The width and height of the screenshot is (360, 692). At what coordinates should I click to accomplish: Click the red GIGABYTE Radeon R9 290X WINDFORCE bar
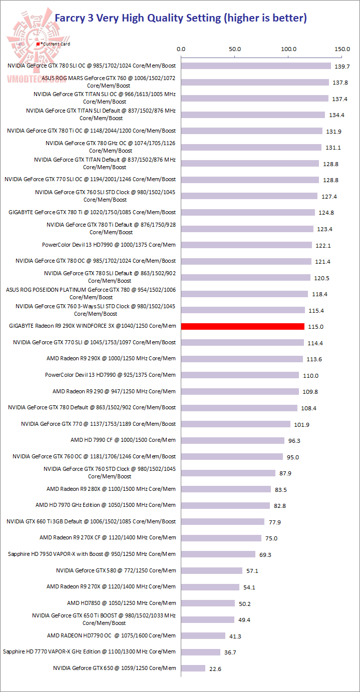click(x=243, y=326)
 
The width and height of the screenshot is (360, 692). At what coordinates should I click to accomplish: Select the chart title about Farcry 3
click(x=180, y=19)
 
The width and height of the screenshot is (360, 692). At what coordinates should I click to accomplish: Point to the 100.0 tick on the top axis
click(x=289, y=49)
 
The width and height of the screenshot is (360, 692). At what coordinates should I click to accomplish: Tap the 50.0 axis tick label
click(x=235, y=49)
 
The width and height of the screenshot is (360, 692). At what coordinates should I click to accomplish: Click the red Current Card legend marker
click(x=38, y=44)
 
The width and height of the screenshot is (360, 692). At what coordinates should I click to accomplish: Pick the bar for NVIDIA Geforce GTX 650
click(x=193, y=668)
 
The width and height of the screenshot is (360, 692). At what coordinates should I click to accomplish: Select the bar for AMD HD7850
click(x=208, y=603)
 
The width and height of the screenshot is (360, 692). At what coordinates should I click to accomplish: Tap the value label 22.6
click(x=216, y=668)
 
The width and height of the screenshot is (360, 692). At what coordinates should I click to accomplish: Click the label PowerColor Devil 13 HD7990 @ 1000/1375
click(x=109, y=245)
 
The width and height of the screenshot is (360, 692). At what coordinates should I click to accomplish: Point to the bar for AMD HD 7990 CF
click(x=233, y=440)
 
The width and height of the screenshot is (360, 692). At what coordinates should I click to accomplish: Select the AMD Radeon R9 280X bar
click(x=226, y=489)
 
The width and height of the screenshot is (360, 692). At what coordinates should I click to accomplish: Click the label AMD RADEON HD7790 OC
click(x=111, y=635)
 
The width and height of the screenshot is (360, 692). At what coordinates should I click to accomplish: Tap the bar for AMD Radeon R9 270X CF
click(x=221, y=538)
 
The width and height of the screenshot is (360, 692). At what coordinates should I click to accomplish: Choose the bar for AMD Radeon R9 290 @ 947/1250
click(x=240, y=391)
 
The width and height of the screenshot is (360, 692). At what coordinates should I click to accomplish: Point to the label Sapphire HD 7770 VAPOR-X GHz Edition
click(x=89, y=651)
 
